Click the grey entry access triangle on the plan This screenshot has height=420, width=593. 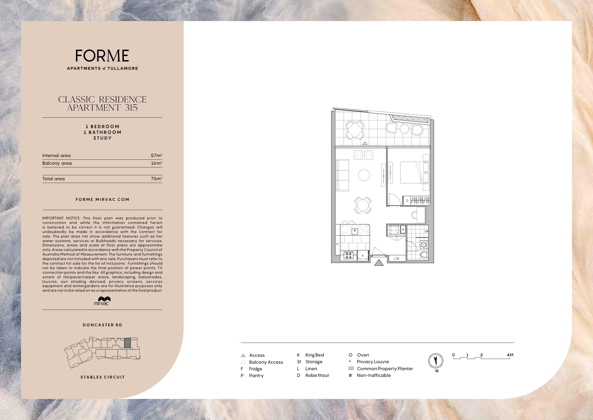click(379, 263)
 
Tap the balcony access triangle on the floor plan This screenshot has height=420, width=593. click(365, 143)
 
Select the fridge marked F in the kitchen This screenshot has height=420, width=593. click(363, 255)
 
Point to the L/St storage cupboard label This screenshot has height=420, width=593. click(396, 259)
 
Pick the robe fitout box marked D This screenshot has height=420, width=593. click(407, 201)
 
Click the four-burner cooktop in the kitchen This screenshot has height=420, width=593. click(348, 255)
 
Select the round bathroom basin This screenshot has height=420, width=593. click(423, 245)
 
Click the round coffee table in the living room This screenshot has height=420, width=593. click(364, 175)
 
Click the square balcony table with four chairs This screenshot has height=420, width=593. click(355, 130)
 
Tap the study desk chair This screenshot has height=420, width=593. click(414, 215)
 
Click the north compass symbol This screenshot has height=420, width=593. click(436, 361)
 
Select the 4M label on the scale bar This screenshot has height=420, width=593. click(510, 355)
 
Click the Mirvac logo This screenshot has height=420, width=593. click(102, 301)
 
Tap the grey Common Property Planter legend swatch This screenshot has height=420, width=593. click(351, 368)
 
